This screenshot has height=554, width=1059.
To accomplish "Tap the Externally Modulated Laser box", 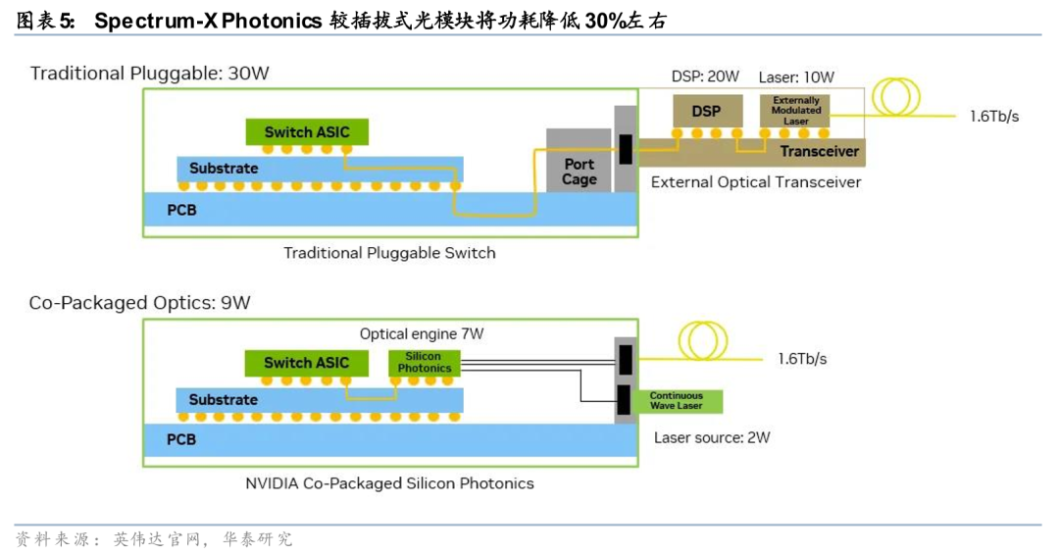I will click(796, 110).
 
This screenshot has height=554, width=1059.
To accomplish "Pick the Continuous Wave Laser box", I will click(676, 401).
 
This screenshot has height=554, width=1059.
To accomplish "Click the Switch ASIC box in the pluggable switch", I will click(306, 132).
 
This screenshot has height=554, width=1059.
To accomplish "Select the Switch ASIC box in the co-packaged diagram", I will click(306, 363).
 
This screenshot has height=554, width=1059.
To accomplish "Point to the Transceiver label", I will click(819, 151).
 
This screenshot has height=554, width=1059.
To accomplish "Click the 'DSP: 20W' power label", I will click(704, 76).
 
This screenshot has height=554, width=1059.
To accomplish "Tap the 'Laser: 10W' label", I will click(796, 76).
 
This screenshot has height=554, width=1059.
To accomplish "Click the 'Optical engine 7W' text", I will click(422, 333).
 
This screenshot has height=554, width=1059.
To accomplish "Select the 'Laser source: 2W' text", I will click(712, 437).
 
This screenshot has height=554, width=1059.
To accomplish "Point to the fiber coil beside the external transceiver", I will click(900, 95).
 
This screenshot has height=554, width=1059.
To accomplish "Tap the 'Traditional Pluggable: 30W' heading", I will click(149, 74).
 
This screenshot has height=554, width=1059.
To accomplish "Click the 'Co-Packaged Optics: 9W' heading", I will click(139, 303).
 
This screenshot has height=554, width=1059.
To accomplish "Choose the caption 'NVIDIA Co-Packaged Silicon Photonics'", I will click(389, 483).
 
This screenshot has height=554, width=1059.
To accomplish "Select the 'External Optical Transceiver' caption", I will click(756, 182).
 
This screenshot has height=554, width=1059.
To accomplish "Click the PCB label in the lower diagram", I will click(181, 440).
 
